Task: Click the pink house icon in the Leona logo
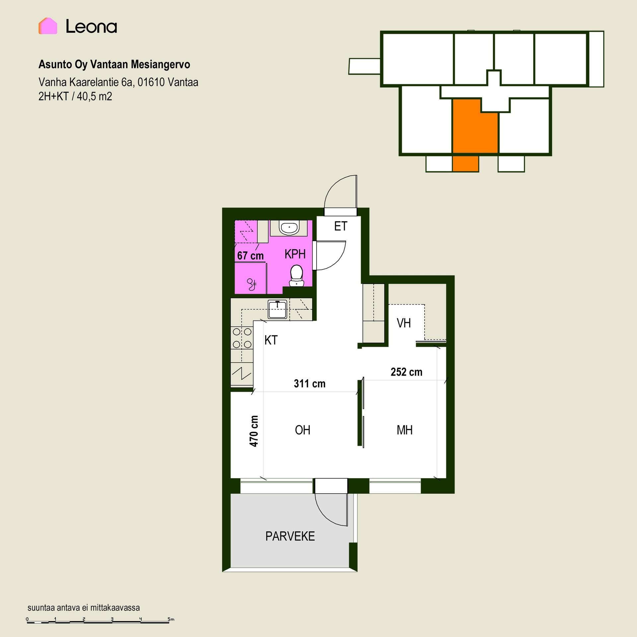(48, 26)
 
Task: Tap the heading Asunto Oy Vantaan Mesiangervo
(114, 64)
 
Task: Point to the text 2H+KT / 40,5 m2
(75, 97)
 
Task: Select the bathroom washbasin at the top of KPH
(290, 228)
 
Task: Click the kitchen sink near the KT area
(277, 310)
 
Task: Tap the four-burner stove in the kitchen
(242, 338)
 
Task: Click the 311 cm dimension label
(310, 384)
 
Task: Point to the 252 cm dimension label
(406, 372)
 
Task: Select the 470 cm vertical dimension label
(254, 431)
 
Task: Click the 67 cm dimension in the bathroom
(250, 256)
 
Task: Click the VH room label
(404, 323)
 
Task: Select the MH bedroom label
(405, 430)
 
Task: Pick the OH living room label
(303, 430)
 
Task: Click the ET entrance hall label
(341, 226)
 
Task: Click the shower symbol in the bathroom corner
(252, 284)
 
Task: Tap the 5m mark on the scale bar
(171, 619)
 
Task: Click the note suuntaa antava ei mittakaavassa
(84, 608)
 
